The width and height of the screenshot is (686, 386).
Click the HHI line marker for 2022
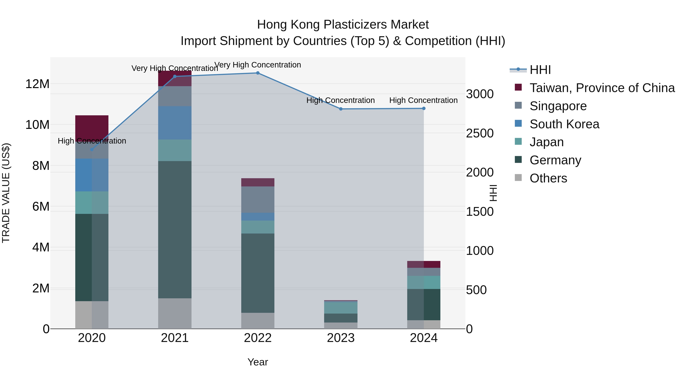[x=257, y=73]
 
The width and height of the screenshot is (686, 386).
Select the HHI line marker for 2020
[x=92, y=149]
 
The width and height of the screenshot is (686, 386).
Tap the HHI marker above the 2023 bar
[x=341, y=109]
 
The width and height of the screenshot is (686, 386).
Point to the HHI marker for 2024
[x=424, y=108]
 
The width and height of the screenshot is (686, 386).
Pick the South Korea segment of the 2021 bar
[x=175, y=123]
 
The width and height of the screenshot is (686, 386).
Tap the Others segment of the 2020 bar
[x=92, y=315]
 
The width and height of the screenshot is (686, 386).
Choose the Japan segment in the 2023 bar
[x=341, y=308]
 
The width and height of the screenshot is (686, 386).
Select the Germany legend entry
[x=555, y=160]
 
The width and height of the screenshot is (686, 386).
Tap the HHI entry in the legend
[x=540, y=70]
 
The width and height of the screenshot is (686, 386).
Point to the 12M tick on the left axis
[x=37, y=84]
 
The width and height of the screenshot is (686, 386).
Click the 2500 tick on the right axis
[x=480, y=133]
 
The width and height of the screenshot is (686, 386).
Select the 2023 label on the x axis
[x=341, y=338]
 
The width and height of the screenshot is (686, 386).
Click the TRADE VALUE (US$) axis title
[x=6, y=193]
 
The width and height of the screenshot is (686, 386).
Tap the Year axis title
[x=257, y=362]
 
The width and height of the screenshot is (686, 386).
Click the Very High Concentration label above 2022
[x=257, y=65]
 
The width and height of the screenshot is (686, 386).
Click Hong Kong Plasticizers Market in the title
[x=343, y=25]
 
